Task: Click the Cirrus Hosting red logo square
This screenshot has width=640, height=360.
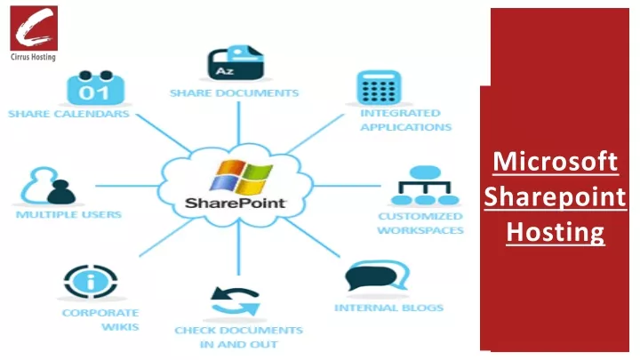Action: [x=34, y=28]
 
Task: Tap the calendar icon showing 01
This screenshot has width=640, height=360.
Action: [x=95, y=88]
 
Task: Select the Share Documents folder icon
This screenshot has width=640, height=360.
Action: [x=236, y=62]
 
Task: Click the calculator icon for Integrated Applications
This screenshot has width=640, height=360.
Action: [x=379, y=88]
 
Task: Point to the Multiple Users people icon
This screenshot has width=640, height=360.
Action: [x=48, y=186]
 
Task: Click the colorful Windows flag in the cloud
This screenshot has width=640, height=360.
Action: [x=241, y=177]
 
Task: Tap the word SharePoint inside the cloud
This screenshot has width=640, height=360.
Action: [x=236, y=203]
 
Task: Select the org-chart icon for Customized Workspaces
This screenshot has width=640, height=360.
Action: [x=425, y=185]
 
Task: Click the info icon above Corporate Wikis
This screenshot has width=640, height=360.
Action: [x=91, y=281]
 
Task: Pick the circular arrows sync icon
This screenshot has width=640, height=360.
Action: [x=236, y=301]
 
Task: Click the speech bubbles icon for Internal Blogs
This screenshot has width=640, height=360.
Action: [x=377, y=276]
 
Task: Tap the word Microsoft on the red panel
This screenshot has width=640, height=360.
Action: [x=555, y=162]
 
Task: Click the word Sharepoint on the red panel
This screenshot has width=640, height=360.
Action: [x=555, y=197]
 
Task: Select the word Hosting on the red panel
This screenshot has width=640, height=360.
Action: [x=555, y=232]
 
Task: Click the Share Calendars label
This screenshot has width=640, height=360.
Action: [x=68, y=114]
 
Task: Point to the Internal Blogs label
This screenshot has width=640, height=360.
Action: [x=389, y=308]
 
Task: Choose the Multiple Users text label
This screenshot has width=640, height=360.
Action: [x=68, y=215]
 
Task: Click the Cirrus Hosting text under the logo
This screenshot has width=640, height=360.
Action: [x=33, y=57]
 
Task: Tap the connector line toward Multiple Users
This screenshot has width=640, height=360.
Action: [x=127, y=186]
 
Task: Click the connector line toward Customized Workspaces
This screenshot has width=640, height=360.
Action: [x=347, y=186]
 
